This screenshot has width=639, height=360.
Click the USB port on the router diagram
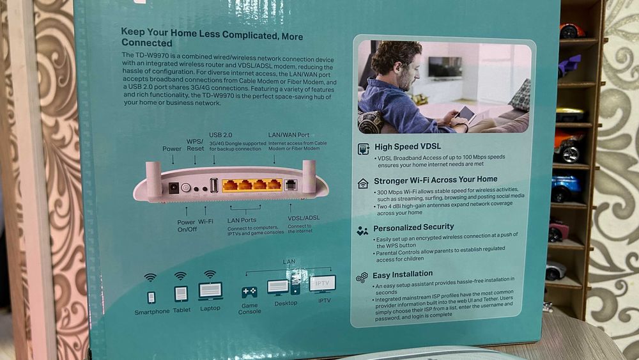tap(213, 185)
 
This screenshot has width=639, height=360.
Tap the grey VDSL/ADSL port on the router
tap(290, 185)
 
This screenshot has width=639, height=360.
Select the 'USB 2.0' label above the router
tap(221, 135)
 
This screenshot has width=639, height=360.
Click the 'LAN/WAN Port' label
tap(289, 135)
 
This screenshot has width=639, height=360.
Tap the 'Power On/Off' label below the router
tap(187, 226)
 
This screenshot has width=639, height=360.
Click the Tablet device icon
tap(181, 293)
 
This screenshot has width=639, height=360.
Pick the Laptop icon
tap(210, 292)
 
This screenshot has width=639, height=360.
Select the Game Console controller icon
tap(249, 292)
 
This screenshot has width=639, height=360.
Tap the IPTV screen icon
tap(322, 283)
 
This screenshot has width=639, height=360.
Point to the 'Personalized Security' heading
tap(413, 227)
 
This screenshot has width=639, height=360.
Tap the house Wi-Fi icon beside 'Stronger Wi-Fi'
tap(363, 184)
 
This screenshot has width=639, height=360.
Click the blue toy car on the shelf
tap(566, 187)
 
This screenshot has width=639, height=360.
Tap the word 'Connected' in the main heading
tap(147, 43)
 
